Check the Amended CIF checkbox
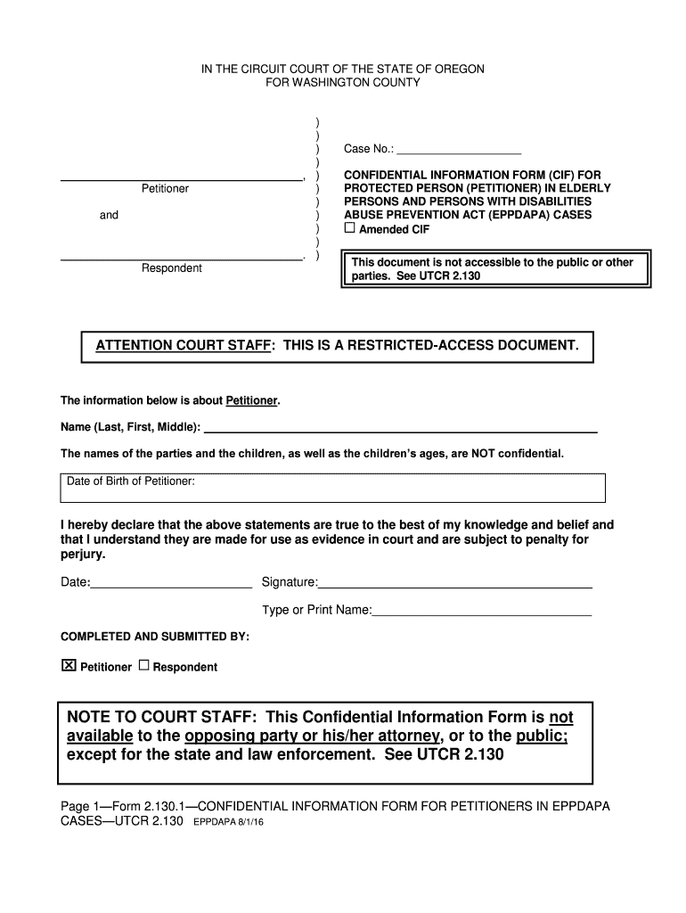pyautogui.click(x=350, y=228)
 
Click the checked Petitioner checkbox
pyautogui.click(x=68, y=666)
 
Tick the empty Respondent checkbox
pyautogui.click(x=144, y=666)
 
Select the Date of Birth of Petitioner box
pyautogui.click(x=332, y=488)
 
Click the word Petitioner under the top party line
pyautogui.click(x=165, y=189)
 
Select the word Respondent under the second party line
pyautogui.click(x=171, y=268)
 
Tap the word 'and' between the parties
pyautogui.click(x=109, y=215)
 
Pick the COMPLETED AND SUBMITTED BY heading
pyautogui.click(x=154, y=637)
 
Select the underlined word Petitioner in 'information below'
pyautogui.click(x=251, y=400)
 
